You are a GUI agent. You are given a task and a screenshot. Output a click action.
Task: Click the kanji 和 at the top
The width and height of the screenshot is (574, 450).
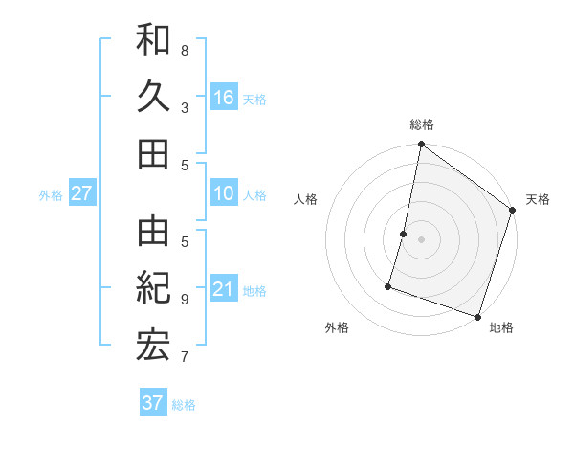(x=153, y=40)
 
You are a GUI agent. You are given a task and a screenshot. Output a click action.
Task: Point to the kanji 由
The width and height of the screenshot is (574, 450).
(x=153, y=230)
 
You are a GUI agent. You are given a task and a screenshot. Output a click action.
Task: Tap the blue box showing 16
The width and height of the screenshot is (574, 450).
(x=224, y=97)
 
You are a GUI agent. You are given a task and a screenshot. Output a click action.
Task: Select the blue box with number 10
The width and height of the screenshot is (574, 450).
(x=224, y=194)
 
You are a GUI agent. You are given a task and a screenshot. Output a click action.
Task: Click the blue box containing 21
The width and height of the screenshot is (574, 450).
(x=224, y=289)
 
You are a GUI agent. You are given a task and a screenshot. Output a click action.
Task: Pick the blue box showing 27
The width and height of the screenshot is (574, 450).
(x=81, y=193)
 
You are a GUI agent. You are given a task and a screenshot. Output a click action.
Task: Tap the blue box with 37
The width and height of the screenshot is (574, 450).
(x=152, y=403)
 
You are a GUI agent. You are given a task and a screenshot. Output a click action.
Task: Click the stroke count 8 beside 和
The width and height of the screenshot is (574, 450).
(x=185, y=51)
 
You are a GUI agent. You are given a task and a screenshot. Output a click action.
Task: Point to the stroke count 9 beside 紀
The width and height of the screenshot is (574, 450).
(x=185, y=299)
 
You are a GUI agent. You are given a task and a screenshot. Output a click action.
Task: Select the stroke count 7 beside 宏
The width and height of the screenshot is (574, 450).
(x=185, y=357)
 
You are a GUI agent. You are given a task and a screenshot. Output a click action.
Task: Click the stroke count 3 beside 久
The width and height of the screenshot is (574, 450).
(x=185, y=108)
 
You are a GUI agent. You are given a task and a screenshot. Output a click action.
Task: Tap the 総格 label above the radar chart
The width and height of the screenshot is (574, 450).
(x=422, y=124)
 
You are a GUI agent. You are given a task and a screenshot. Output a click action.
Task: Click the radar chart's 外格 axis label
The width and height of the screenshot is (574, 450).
(x=337, y=327)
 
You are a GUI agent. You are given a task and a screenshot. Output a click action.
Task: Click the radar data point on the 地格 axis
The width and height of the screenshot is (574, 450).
(x=477, y=316)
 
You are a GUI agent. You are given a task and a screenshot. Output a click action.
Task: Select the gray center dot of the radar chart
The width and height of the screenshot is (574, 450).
(x=421, y=239)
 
